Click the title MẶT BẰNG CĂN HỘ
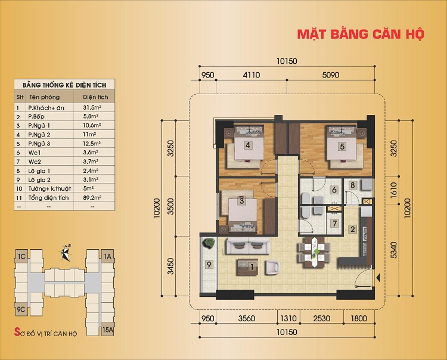pos(361,34)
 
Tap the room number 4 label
pos(246,145)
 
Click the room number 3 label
pos(241,201)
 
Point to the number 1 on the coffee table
pos(252,266)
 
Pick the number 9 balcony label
pos(209,264)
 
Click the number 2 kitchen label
pos(352,229)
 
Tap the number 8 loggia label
pos(352,185)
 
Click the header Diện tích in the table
pos(94,97)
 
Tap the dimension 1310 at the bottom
pos(288,318)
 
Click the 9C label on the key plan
pos(21,309)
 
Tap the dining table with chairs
pos(313,249)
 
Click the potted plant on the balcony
pos(209,243)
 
